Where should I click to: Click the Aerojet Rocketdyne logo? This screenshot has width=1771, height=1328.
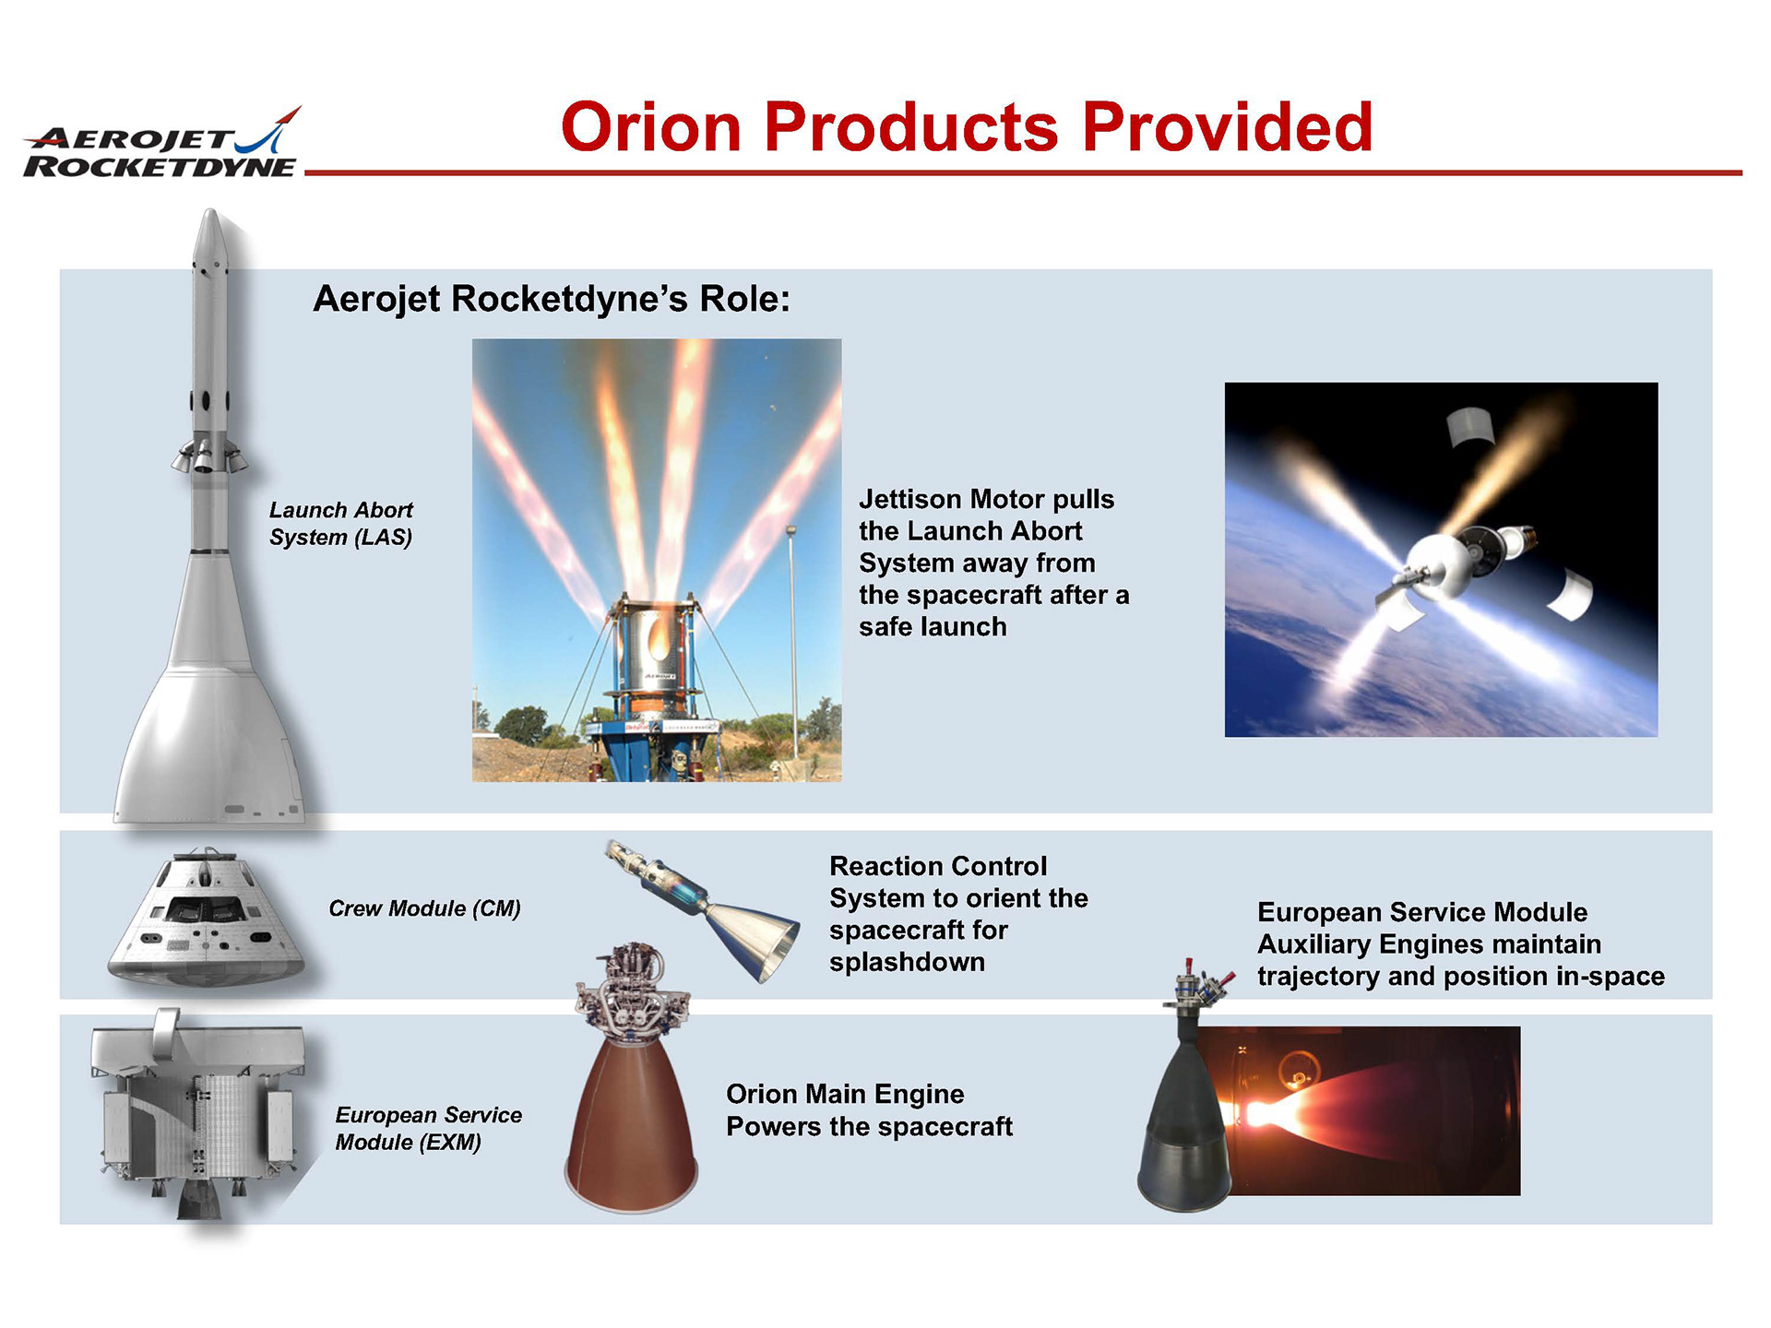tap(162, 142)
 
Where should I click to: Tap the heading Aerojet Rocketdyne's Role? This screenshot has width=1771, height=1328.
tap(552, 299)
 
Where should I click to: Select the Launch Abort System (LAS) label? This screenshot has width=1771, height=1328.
tap(340, 524)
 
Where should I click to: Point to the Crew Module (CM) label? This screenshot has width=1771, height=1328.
tap(424, 908)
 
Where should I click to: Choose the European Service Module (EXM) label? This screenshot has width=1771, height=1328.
tap(428, 1129)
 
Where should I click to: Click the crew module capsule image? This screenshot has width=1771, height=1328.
tap(206, 918)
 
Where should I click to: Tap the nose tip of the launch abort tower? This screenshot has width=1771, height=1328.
tap(211, 210)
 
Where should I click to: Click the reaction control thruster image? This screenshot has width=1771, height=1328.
tap(703, 908)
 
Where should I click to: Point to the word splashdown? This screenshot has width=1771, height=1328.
tap(907, 962)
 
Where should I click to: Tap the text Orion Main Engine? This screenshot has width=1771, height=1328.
tap(845, 1094)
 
